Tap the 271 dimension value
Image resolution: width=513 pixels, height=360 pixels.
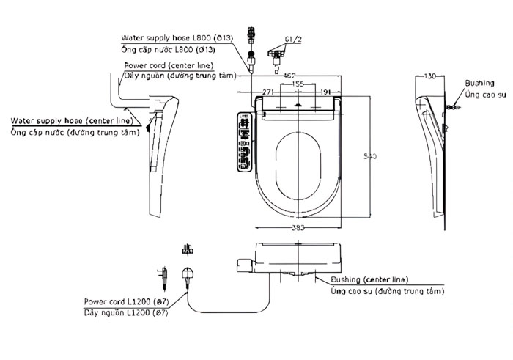point(269,92)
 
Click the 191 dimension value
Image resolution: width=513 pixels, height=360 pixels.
point(328,92)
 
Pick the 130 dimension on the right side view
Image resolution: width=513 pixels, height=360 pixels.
point(429,76)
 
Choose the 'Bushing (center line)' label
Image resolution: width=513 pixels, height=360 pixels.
point(369,279)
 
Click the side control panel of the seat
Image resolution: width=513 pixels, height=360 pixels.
point(245,142)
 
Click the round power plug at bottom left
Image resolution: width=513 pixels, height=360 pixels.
point(188,276)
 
